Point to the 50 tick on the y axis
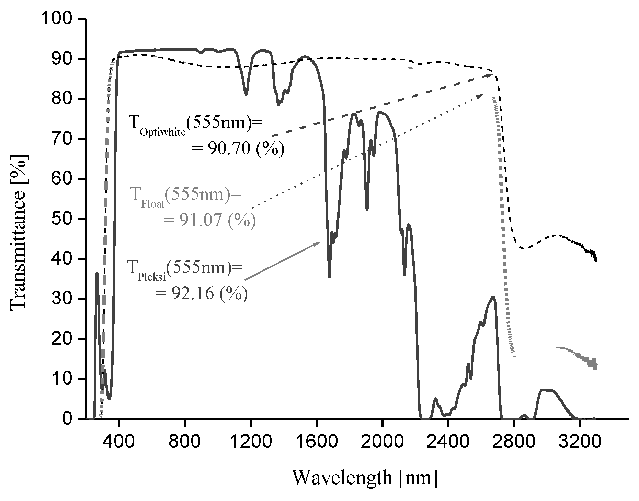tap(62, 219)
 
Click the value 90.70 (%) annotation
tap(238, 149)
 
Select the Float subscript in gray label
tap(153, 204)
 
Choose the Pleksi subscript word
tap(152, 277)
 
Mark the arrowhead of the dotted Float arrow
tap(480, 96)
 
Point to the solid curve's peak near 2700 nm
tap(493, 297)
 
